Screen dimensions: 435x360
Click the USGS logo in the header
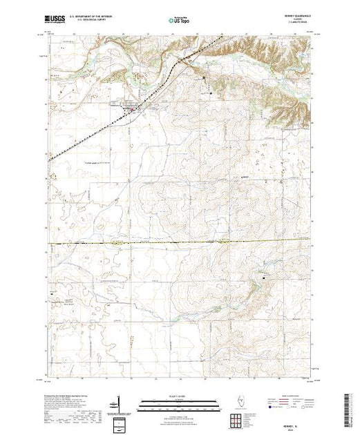(x=55, y=21)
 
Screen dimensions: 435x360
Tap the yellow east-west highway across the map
(x=138, y=243)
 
